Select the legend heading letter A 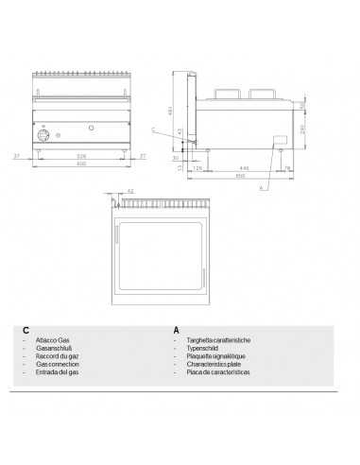pyautogui.click(x=176, y=331)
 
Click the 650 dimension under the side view pyautogui.click(x=241, y=176)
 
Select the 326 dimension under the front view pyautogui.click(x=81, y=154)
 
